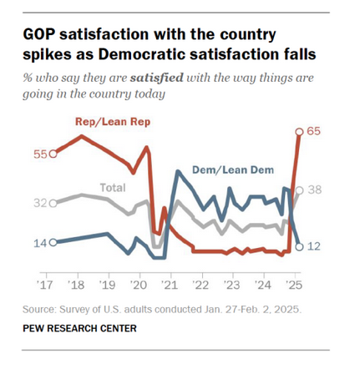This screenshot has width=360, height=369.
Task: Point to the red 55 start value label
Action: pos(38,154)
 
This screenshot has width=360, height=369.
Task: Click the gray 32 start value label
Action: pos(38,202)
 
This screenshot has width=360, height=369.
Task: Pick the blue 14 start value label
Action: pos(38,242)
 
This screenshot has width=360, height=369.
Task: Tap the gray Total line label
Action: pos(113,187)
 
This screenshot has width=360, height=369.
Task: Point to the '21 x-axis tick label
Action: pos(170,282)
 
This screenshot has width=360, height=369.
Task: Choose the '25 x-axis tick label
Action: pos(293,282)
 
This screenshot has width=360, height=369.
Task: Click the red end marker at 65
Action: pos(300,131)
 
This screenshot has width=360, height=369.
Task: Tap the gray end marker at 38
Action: pos(300,190)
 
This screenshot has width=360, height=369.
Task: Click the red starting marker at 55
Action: pos(53,154)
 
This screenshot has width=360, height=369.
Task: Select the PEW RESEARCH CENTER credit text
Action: pos(80,328)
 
